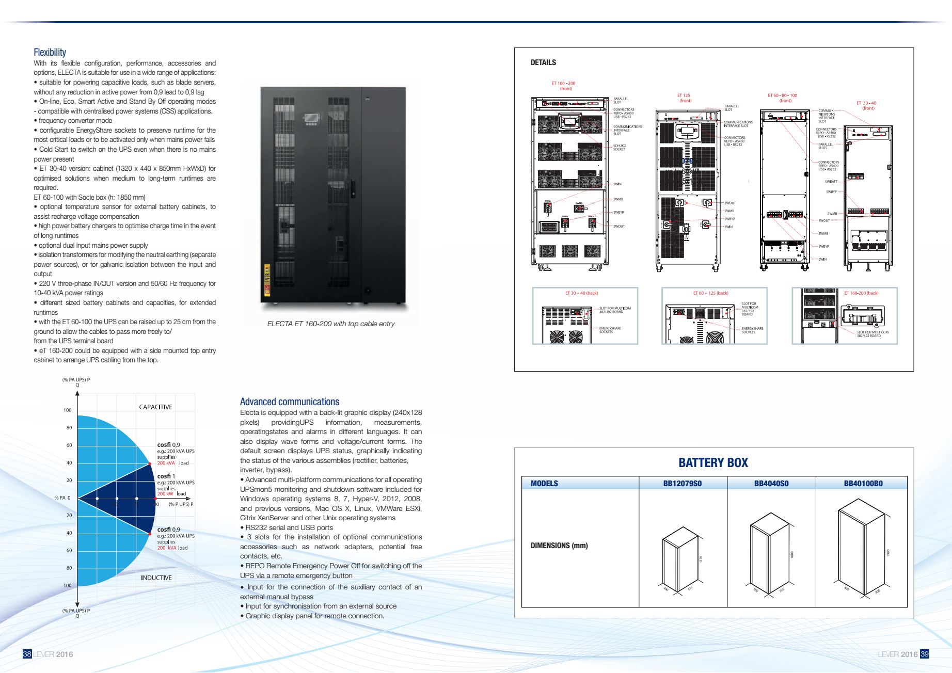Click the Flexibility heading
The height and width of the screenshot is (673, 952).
(50, 52)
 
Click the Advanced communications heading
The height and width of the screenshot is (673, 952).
(289, 402)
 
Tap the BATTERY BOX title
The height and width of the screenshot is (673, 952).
(713, 462)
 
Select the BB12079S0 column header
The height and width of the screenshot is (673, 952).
(682, 484)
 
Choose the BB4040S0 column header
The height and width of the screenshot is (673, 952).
(771, 484)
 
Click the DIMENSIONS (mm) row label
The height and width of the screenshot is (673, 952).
(559, 546)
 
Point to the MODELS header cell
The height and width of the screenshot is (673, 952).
(544, 484)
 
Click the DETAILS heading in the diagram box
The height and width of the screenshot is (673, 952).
(543, 62)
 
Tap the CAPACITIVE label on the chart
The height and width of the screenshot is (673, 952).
(155, 407)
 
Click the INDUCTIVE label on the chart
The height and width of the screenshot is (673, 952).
(156, 578)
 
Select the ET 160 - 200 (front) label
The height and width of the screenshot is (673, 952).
(563, 86)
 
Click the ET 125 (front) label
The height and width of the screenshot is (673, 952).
(684, 98)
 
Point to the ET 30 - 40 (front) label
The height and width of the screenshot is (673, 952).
(866, 106)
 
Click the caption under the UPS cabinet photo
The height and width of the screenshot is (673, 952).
(330, 324)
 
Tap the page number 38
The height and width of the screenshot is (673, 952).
(27, 654)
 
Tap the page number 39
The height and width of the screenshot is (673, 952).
(924, 654)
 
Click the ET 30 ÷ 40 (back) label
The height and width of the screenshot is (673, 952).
(581, 293)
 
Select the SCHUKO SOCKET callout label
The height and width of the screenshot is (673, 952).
(620, 147)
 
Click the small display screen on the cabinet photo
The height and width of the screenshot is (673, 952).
(311, 118)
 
